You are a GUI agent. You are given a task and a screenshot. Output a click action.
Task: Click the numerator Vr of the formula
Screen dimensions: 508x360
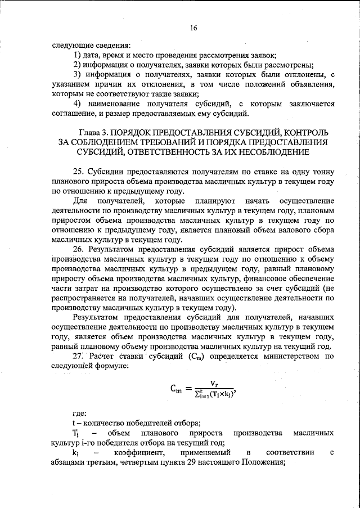click(x=214, y=383)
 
